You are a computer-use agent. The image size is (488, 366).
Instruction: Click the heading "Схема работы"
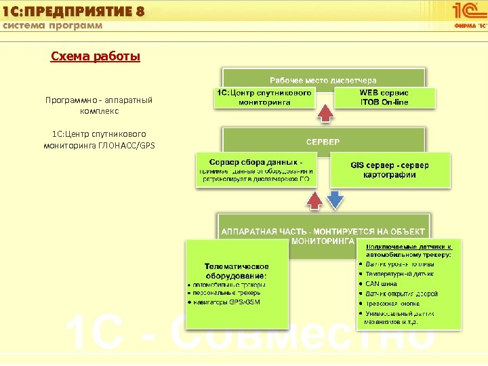(x=96, y=56)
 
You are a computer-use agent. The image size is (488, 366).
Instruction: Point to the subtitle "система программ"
(x=54, y=25)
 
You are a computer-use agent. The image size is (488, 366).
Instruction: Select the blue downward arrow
(x=335, y=200)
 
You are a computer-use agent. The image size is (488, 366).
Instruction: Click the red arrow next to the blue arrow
(x=314, y=200)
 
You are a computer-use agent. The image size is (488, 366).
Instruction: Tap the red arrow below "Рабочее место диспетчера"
(x=326, y=113)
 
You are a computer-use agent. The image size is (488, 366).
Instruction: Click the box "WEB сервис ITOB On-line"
(x=384, y=97)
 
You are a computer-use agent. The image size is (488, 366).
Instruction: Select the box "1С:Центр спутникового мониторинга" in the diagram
(x=264, y=97)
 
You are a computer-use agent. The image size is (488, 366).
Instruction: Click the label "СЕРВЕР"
(x=323, y=142)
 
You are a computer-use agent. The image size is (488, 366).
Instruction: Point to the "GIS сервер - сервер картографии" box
(x=390, y=169)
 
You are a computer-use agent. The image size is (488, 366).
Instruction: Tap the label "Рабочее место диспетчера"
(x=323, y=81)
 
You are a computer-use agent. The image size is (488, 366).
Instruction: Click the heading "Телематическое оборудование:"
(x=237, y=270)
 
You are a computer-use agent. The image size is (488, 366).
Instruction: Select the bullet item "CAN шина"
(x=384, y=283)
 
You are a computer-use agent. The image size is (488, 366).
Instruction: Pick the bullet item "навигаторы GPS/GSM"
(x=226, y=302)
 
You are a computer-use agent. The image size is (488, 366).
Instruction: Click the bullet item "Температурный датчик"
(x=400, y=274)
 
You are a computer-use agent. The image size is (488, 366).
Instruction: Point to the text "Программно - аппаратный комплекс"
(x=99, y=105)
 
